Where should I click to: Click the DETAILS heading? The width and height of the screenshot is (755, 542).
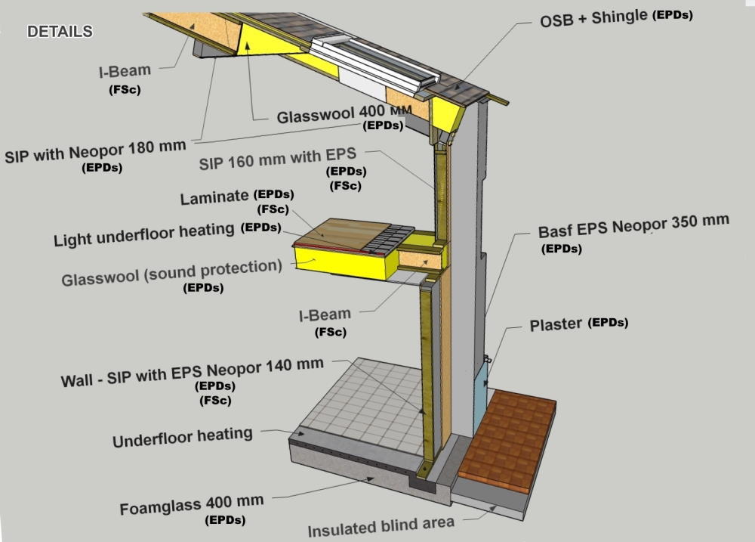[60, 32]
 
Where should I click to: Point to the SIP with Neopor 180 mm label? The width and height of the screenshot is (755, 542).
[94, 150]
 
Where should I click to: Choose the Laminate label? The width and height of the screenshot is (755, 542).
[214, 198]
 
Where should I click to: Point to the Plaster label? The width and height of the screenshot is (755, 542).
[555, 325]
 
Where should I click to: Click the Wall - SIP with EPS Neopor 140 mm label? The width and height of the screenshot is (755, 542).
[192, 372]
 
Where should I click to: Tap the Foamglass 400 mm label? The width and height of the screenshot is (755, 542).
[192, 503]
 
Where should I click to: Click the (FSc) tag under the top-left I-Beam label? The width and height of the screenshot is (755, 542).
[125, 91]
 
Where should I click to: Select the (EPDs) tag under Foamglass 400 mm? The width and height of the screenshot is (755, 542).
[225, 520]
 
